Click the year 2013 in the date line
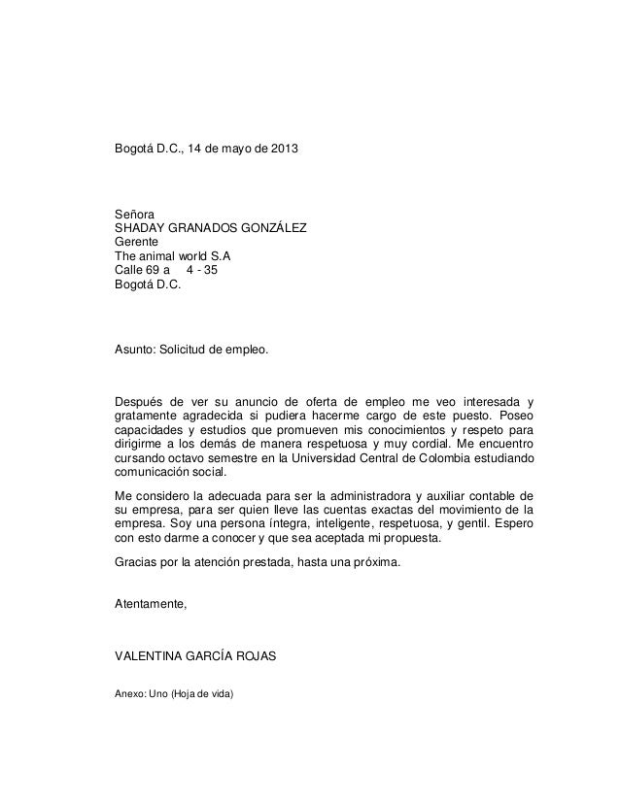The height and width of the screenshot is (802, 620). [x=285, y=152]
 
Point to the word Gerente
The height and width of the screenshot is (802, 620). [x=138, y=243]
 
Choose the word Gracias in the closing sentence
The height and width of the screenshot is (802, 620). [x=139, y=563]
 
